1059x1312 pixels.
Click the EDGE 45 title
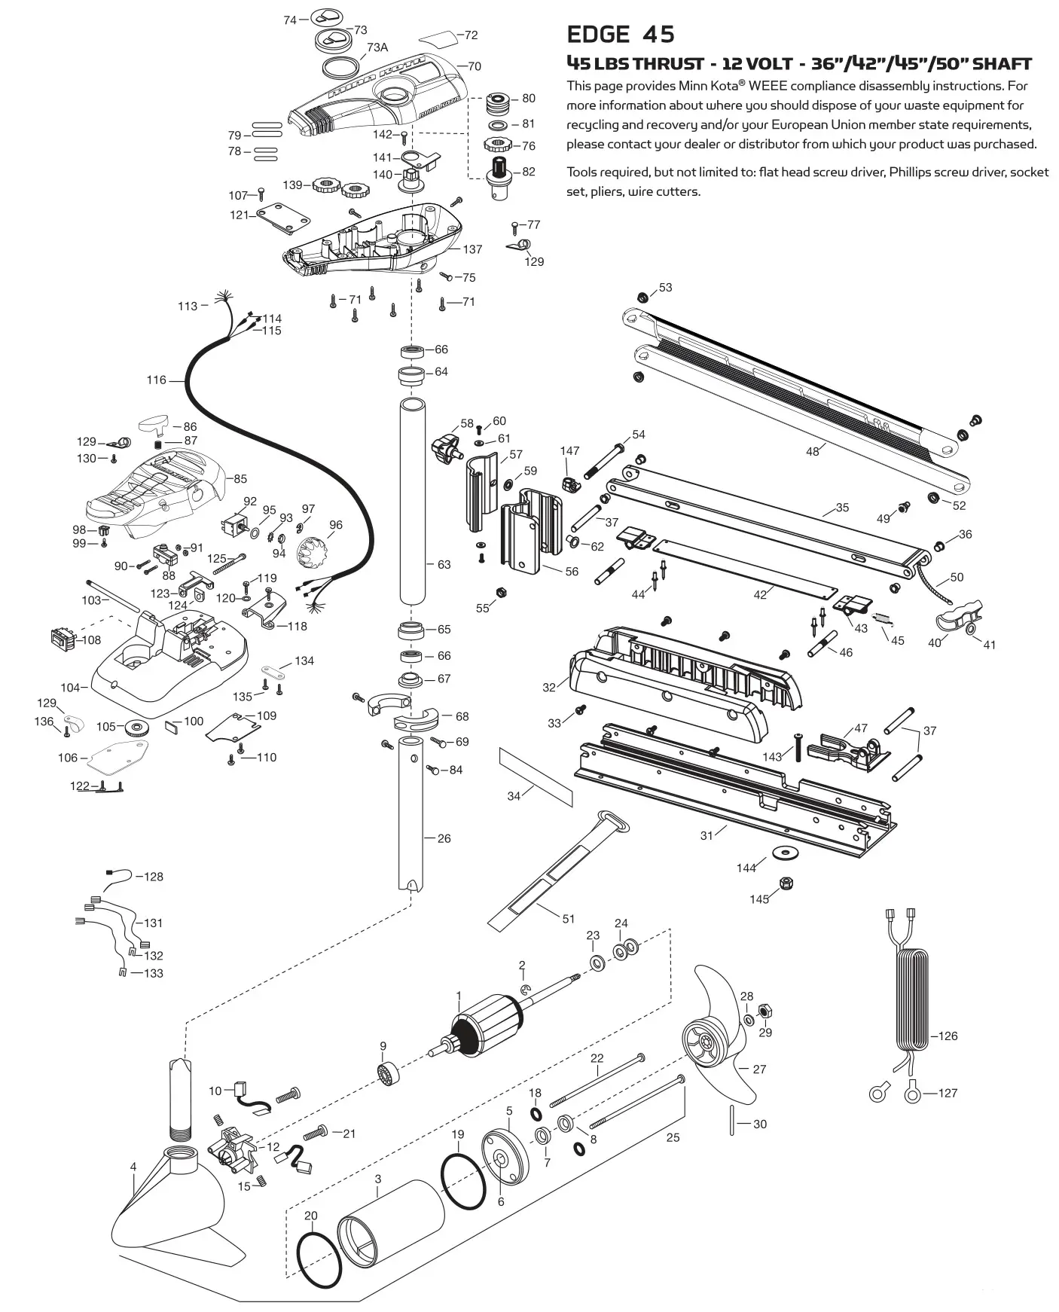[x=620, y=35]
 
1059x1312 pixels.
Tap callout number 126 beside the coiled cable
[x=948, y=1036]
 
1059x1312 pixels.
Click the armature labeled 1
[x=482, y=1027]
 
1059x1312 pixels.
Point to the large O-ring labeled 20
[x=319, y=1260]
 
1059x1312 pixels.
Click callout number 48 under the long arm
[x=812, y=451]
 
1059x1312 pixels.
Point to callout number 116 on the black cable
[x=156, y=380]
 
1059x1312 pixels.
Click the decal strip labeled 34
[x=536, y=777]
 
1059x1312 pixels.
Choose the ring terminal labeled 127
[x=912, y=1091]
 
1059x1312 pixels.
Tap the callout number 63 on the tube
[x=444, y=564]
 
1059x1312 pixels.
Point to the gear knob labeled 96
[x=310, y=554]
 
